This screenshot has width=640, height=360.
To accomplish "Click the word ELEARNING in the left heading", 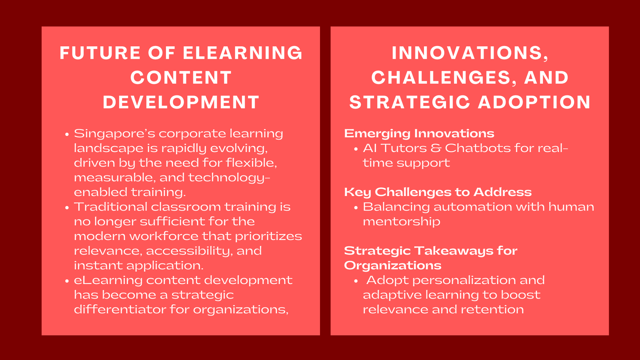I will [242, 53].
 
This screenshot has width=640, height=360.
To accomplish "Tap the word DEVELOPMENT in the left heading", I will [181, 102].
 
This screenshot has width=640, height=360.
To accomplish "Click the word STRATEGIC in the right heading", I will [410, 102].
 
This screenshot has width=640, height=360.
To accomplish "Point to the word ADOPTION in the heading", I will [534, 102].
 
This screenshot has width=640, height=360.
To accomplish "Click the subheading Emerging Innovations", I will [419, 133].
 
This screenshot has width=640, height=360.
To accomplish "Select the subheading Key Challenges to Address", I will [438, 192].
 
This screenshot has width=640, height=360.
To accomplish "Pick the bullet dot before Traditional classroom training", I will [67, 207].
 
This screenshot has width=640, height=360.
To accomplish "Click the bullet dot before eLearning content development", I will [67, 280].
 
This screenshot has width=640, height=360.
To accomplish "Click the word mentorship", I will [401, 222].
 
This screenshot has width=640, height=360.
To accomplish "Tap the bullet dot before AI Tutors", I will [356, 149].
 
